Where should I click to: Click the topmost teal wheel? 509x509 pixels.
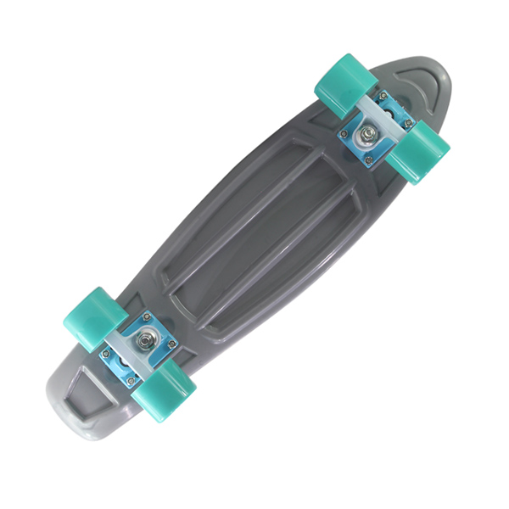tap(346, 85)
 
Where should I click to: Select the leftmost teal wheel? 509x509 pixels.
tap(95, 318)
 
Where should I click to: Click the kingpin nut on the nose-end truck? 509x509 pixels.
tap(372, 131)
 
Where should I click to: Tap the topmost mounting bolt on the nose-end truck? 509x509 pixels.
tap(383, 98)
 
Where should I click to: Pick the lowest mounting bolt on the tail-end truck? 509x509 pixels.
tap(131, 381)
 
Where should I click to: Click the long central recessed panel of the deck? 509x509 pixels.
tap(255, 229)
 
